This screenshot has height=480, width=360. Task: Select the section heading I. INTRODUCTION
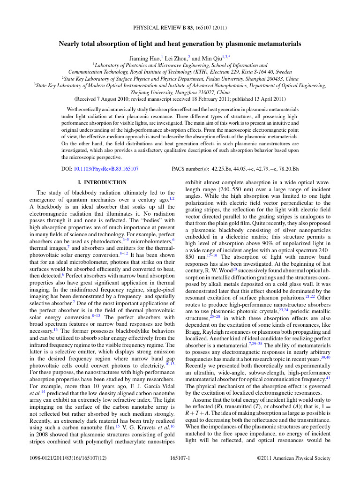coord(101,182)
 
